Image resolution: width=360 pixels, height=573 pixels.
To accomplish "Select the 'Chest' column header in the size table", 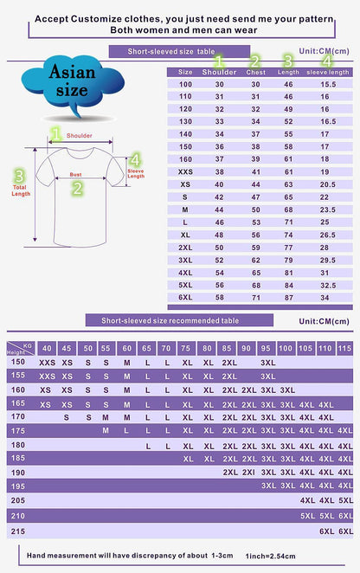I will tap(255, 71).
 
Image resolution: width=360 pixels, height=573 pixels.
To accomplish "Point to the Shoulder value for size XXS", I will tap(219, 171).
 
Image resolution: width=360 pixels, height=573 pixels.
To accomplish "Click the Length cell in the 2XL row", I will tap(290, 247).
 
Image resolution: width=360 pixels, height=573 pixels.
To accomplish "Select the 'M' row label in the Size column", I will tap(185, 209).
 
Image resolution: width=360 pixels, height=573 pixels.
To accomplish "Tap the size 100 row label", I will tap(185, 83).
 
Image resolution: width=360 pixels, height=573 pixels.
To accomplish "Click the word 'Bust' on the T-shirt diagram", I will tap(76, 174).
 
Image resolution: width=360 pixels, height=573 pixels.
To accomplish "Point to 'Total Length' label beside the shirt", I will tap(20, 190).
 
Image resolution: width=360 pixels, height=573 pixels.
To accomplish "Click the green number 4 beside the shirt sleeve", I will tap(134, 159).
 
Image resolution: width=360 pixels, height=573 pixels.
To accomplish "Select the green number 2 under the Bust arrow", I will tap(77, 188).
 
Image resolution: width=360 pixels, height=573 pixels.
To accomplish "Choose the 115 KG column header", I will tap(345, 348).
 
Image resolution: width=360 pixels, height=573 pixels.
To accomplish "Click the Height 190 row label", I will tap(16, 472).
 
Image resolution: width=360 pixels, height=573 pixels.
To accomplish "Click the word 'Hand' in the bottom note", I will tap(35, 554).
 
